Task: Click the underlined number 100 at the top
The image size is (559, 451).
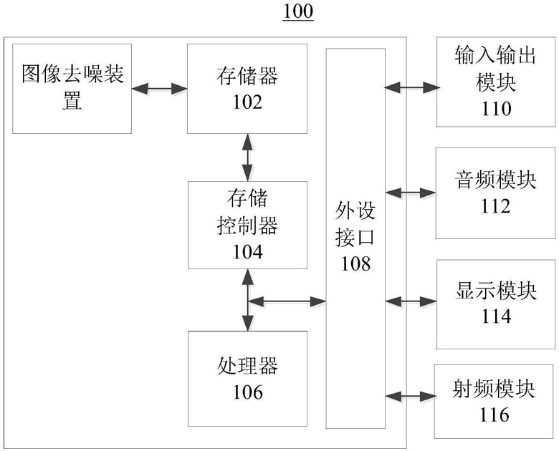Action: coord(298,11)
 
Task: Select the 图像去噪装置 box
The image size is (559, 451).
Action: coord(72,89)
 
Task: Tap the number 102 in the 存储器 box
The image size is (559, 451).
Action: coord(247,102)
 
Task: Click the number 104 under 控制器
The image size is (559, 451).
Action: coord(248,251)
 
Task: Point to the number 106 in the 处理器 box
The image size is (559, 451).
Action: coord(248,392)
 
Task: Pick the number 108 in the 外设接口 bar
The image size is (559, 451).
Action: coord(355,263)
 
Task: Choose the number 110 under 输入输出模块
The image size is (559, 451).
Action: coord(496,109)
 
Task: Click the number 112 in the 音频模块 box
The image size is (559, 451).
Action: coord(496,206)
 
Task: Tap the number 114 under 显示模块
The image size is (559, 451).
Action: coord(496,316)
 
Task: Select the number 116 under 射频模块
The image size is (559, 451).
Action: coord(494,414)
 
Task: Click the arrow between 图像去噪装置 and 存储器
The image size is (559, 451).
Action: coord(159,89)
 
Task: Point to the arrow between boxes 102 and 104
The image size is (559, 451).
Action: coord(247,157)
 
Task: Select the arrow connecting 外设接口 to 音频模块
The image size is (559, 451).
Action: coord(411,193)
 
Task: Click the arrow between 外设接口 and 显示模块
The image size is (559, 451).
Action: coord(411,301)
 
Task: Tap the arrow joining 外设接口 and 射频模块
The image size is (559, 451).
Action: coord(411,396)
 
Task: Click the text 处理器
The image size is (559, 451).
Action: coord(247,366)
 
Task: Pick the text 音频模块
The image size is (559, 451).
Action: coord(496,180)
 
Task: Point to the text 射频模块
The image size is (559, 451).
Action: coord(494,389)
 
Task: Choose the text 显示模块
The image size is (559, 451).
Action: coord(496,291)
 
